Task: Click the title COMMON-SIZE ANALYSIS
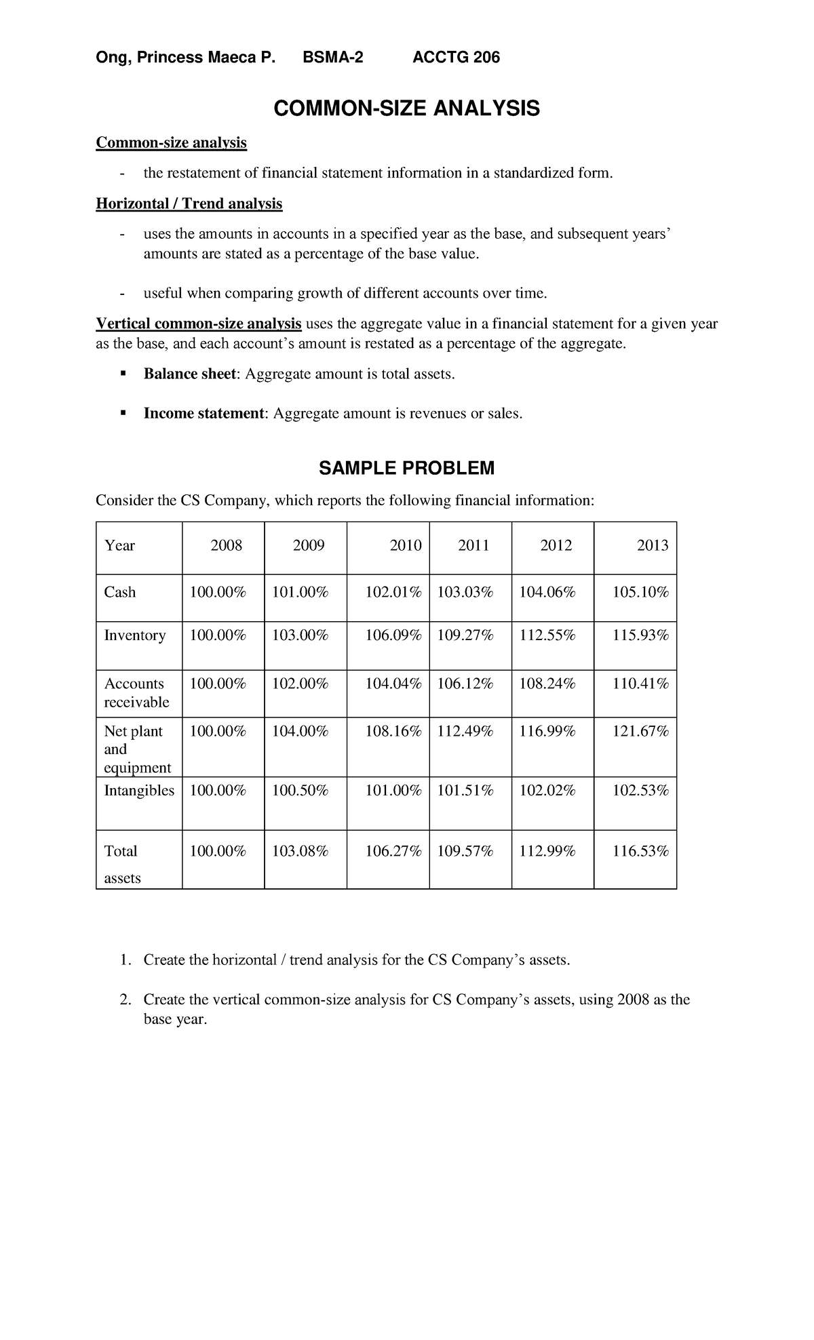point(406,108)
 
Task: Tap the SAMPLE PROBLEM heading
point(406,468)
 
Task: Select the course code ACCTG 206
point(456,58)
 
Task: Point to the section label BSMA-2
point(332,58)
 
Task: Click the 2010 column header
point(406,545)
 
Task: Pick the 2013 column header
point(653,545)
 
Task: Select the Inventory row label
point(135,635)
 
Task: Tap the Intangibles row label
point(139,791)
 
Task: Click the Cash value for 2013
point(640,592)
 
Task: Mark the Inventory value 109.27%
point(465,635)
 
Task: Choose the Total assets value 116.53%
point(640,851)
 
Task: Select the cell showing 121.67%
point(640,731)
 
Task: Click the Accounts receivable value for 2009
point(300,684)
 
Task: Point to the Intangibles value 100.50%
point(300,791)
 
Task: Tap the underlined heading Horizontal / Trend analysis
point(189,203)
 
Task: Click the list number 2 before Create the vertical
point(124,1000)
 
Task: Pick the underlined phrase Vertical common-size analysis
point(199,324)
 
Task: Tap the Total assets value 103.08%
point(300,851)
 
